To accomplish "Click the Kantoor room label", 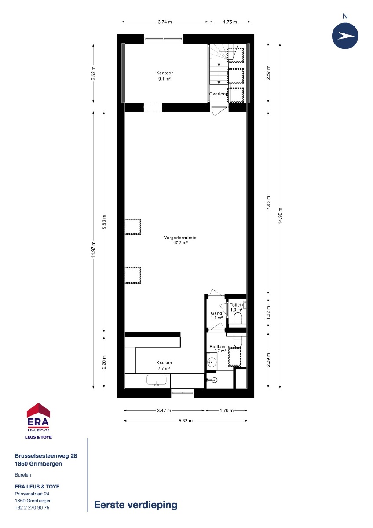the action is click(165, 73).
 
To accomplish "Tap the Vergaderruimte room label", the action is click(180, 238).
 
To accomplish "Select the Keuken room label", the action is click(164, 363).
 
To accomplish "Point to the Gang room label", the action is click(216, 313).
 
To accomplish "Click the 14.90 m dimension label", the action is click(280, 216).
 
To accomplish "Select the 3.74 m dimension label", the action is click(165, 22).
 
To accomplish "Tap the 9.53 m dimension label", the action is click(104, 222).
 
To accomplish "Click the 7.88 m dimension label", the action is click(268, 203).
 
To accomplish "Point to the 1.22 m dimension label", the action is click(268, 313).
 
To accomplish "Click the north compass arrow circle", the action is click(345, 36).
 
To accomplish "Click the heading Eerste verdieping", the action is click(136, 505).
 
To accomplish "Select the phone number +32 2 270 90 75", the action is click(32, 507).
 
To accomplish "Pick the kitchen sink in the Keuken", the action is click(157, 380).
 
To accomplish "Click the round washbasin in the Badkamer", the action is click(212, 361).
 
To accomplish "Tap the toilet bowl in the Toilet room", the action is click(238, 318).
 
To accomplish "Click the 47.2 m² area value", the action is click(180, 243).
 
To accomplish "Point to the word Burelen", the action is click(23, 475).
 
